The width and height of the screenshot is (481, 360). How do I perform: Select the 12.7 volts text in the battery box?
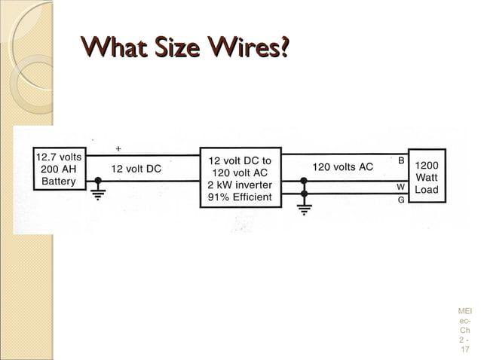coord(60,157)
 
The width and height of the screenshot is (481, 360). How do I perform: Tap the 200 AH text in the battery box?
coord(60,169)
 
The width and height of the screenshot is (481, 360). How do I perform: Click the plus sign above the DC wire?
coord(118,148)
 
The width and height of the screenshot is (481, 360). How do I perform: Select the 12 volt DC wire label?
coord(136,169)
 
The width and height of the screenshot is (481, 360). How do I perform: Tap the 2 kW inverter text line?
coord(240,185)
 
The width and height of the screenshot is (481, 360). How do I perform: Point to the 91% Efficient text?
coord(240,198)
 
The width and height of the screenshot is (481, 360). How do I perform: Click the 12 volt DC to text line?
coord(240,160)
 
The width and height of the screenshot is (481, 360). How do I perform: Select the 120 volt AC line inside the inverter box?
coord(240,172)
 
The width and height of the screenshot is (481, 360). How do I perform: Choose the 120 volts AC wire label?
coord(342,166)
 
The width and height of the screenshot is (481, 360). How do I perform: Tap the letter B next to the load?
coord(401,161)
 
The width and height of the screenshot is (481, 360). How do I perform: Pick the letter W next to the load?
coord(401,186)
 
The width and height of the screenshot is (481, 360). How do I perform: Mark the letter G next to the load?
coord(401,200)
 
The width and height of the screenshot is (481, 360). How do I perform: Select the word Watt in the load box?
coord(427,178)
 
